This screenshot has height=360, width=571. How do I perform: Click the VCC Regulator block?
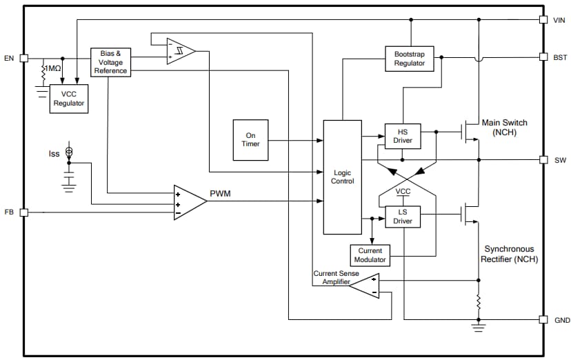click(x=69, y=99)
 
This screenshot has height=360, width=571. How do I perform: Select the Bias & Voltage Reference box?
click(x=110, y=61)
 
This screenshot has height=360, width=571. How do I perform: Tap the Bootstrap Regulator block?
click(x=410, y=58)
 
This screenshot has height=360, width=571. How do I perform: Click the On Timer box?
click(x=250, y=140)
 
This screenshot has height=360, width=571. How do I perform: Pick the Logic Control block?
click(x=342, y=177)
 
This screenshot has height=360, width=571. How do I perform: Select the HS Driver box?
click(x=402, y=135)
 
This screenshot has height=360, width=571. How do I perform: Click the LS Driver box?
click(x=402, y=216)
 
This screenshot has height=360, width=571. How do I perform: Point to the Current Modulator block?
click(x=370, y=255)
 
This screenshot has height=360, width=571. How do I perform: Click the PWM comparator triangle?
click(x=188, y=202)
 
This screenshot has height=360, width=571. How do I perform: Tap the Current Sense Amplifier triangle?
click(x=365, y=286)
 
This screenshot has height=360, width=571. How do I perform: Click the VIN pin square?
click(x=543, y=20)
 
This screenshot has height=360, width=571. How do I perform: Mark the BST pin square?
click(x=543, y=57)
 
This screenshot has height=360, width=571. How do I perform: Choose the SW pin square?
click(x=543, y=159)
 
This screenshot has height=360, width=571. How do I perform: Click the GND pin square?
click(x=543, y=320)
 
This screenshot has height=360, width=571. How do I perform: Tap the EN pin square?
click(x=23, y=58)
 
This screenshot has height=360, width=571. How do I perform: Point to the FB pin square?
click(x=23, y=212)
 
